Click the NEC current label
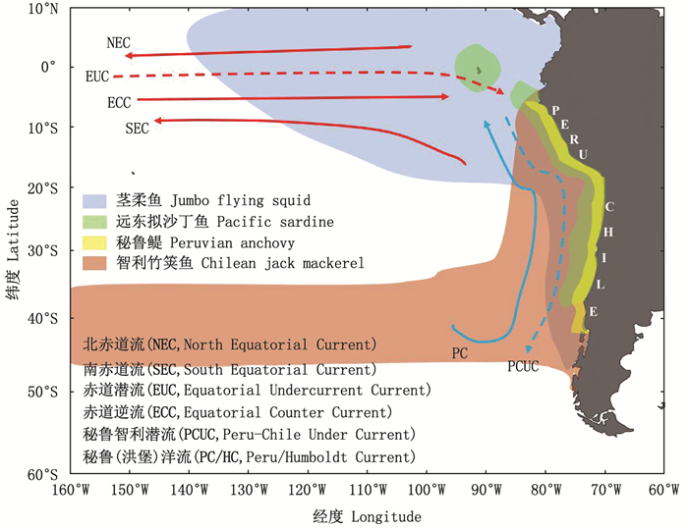tap(117, 43)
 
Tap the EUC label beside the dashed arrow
tap(97, 76)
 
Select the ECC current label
tap(120, 101)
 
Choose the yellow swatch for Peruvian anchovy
tap(95, 241)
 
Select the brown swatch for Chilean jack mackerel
tap(95, 262)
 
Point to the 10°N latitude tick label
tap(44, 9)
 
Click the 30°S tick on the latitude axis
tap(45, 250)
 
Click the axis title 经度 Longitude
tap(367, 515)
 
